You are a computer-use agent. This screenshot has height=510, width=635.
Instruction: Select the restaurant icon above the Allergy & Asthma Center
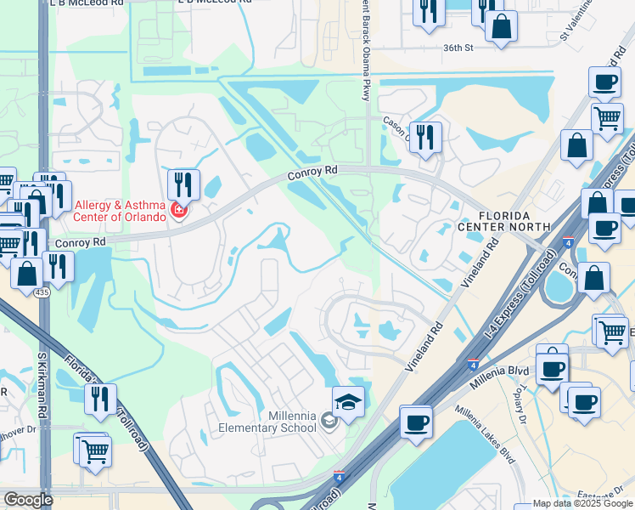click(x=183, y=184)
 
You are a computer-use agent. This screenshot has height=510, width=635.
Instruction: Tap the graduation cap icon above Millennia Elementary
click(x=348, y=401)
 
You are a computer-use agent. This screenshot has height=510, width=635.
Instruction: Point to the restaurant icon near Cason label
click(x=425, y=136)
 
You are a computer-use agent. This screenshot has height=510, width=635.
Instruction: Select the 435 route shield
click(x=42, y=292)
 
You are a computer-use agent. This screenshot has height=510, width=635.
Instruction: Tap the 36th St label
click(x=457, y=48)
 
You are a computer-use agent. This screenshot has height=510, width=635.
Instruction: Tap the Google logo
click(x=28, y=499)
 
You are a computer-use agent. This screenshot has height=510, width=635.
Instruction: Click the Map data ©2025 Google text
click(x=582, y=503)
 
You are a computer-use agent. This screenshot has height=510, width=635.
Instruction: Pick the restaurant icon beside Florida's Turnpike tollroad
click(x=101, y=399)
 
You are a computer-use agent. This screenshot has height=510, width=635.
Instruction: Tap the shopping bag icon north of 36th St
click(x=501, y=25)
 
